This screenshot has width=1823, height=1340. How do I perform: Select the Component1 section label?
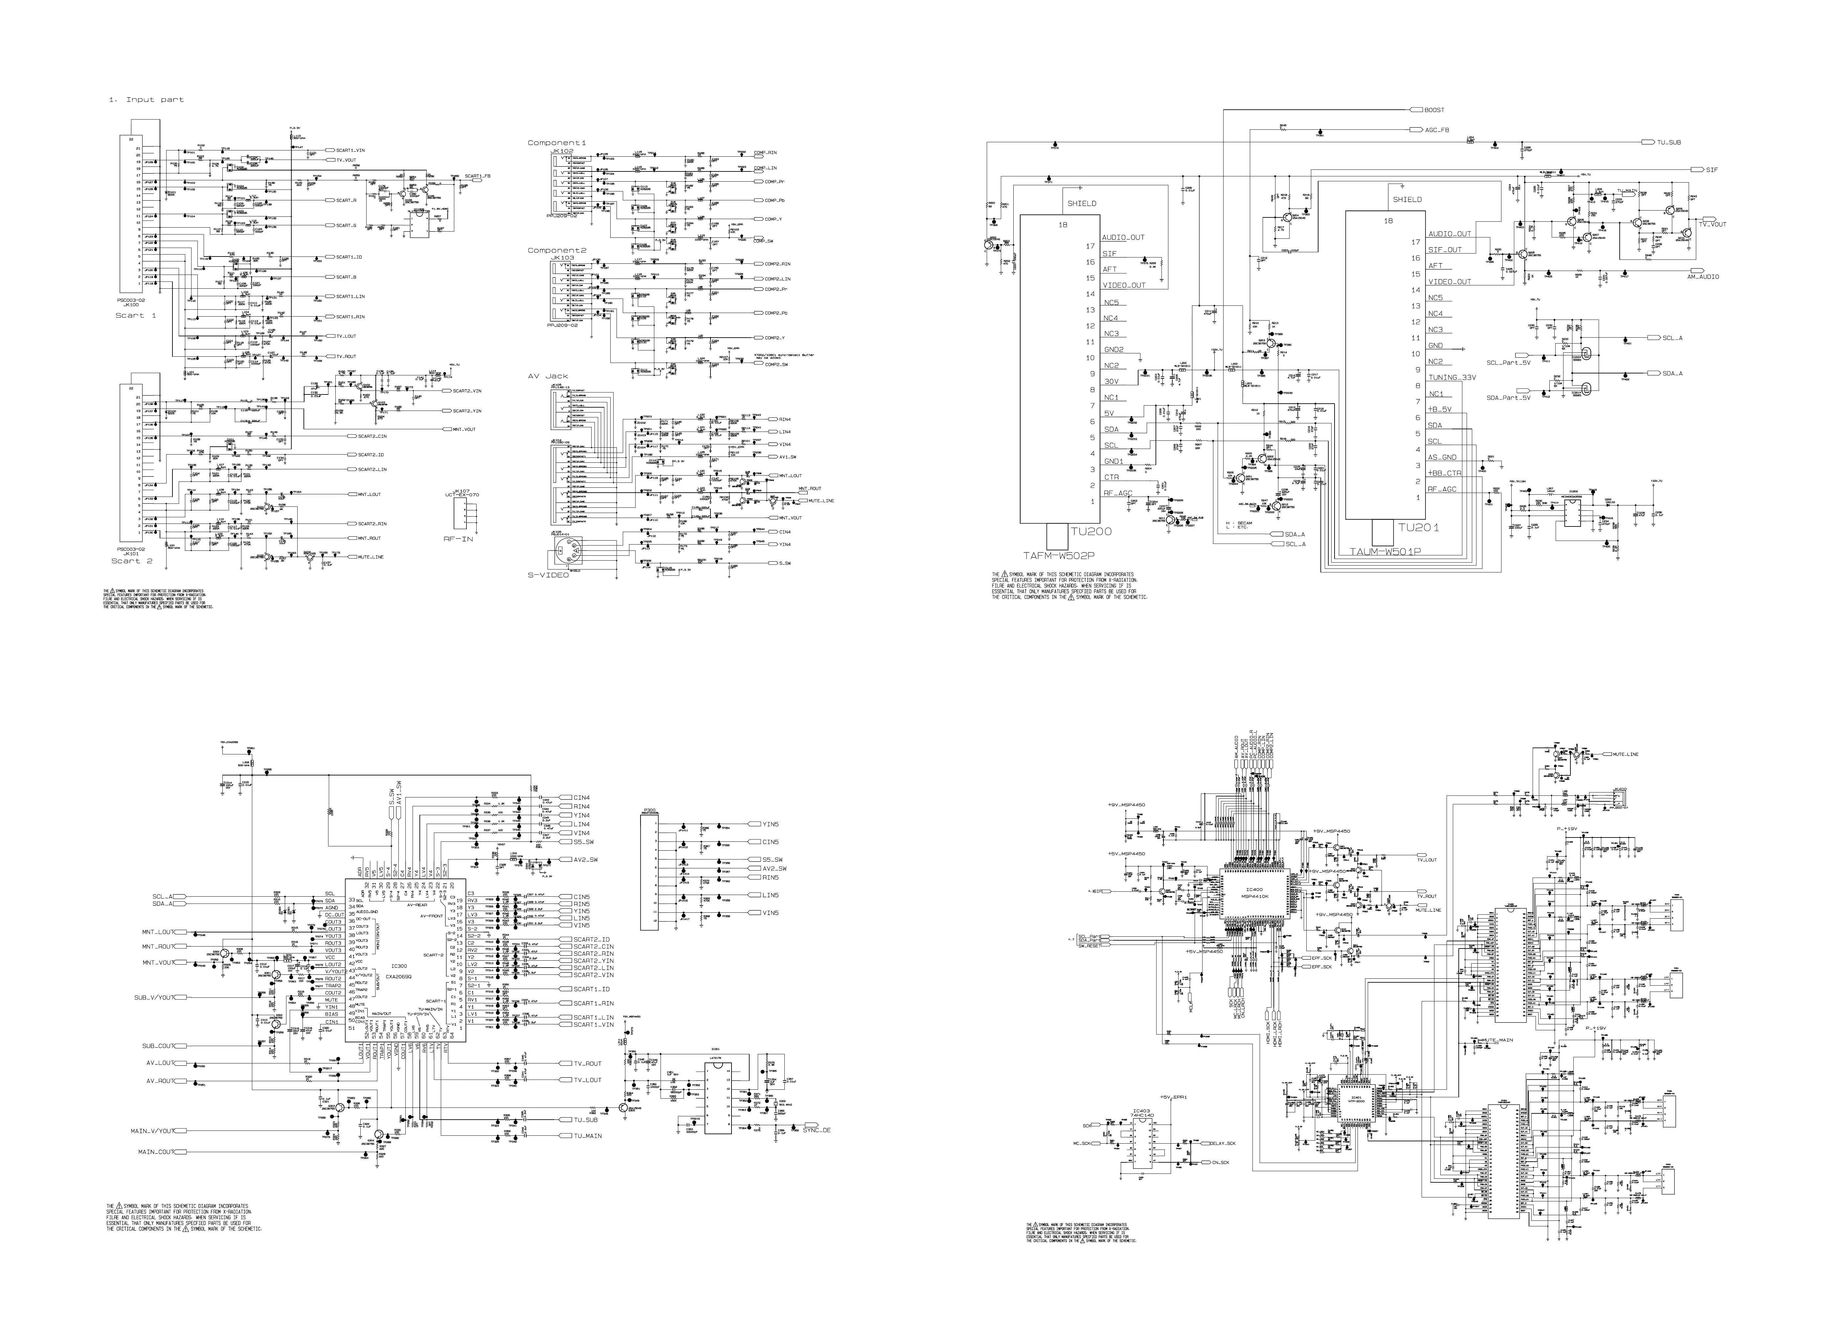pos(556,143)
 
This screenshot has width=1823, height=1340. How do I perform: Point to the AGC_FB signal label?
pos(1437,130)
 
